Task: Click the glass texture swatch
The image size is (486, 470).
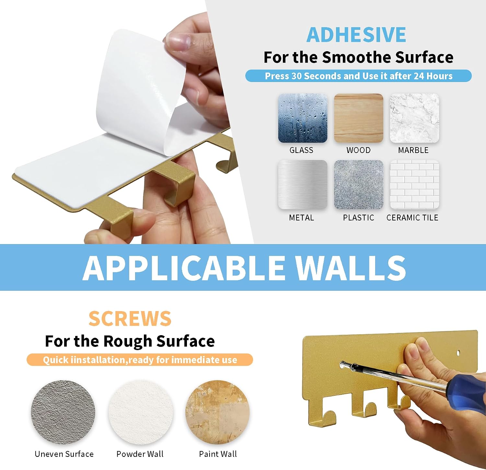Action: tap(303, 118)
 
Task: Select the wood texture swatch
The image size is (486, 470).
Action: tap(359, 118)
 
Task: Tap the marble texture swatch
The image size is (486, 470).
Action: tap(414, 118)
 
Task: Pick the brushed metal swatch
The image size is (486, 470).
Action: tap(303, 184)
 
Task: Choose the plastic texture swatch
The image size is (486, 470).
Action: tap(359, 184)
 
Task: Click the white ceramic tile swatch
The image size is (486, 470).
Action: tap(414, 184)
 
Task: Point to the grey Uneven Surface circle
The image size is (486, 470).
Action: tap(63, 412)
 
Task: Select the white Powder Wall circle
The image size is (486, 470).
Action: tap(141, 412)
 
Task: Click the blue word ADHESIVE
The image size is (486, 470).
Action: tap(356, 35)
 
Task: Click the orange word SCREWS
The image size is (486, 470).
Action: tap(130, 318)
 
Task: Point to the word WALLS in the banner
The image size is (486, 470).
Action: tap(350, 267)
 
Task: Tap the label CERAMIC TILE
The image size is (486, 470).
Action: tap(412, 217)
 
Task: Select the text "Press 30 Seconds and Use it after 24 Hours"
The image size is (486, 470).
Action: tap(359, 76)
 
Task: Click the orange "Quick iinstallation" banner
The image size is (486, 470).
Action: tap(140, 360)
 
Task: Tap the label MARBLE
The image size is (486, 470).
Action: tap(413, 150)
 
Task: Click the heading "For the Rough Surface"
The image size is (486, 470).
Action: tap(130, 341)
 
